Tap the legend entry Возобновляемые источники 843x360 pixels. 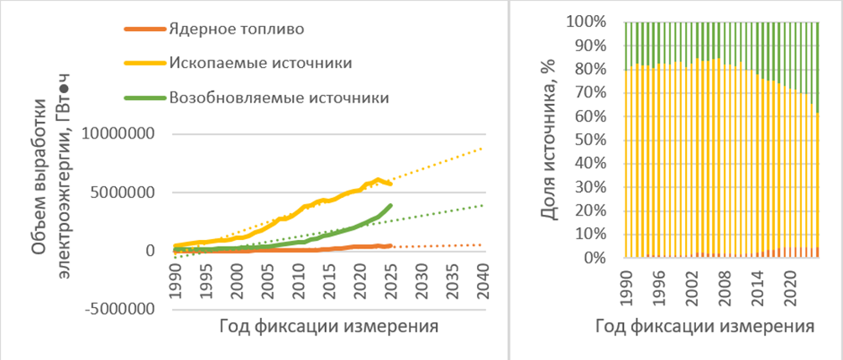click(x=279, y=97)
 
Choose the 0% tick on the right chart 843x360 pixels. click(x=605, y=258)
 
